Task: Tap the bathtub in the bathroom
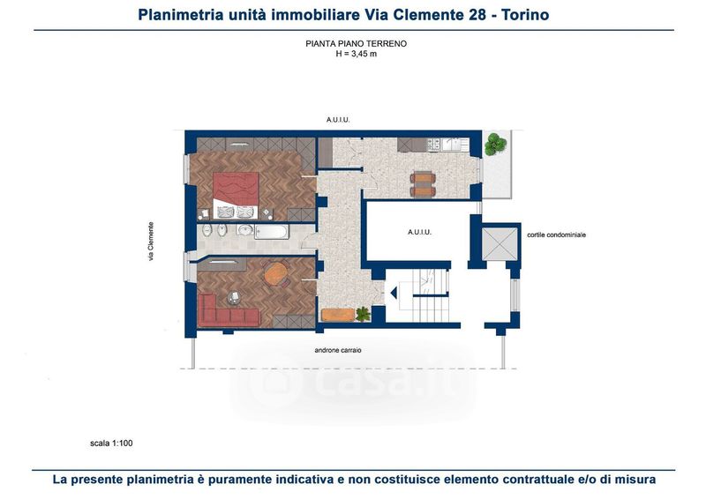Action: [270, 232]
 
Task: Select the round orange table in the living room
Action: [276, 273]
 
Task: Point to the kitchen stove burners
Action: [433, 144]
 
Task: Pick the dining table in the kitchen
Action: [423, 184]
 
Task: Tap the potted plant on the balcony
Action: [495, 144]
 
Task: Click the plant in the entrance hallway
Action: [363, 314]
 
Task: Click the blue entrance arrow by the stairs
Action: [394, 294]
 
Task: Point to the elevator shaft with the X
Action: [499, 243]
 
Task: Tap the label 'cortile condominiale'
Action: [557, 235]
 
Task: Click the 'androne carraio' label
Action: [338, 350]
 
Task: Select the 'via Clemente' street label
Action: [151, 242]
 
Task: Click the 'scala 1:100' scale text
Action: [111, 443]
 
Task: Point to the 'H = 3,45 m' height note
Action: [357, 54]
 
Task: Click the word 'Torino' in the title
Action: [525, 15]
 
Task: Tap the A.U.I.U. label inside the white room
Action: [420, 232]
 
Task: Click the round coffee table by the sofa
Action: [235, 296]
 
